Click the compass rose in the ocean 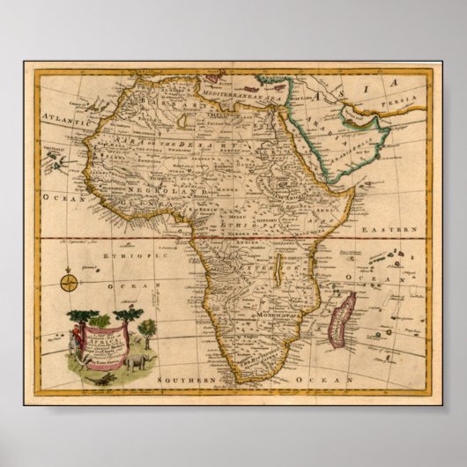pos(69,283)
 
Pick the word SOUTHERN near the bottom pos(187,378)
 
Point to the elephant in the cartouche pos(139,361)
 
